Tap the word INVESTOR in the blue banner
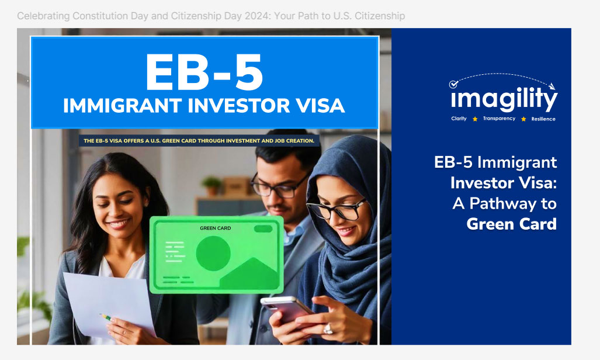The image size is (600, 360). pos(239,106)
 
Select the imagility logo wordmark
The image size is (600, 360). pos(504,98)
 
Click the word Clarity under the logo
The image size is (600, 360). pos(459,118)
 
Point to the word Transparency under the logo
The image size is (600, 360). pos(499,118)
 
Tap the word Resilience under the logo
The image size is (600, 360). pos(543,119)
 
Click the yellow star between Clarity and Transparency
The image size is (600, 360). pos(475,119)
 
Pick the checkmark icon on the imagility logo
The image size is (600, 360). pos(453,84)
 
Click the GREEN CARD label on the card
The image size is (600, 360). pos(216,228)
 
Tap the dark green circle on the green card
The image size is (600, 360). pos(213,253)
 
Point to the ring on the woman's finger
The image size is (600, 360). pos(328,328)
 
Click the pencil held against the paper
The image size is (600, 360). pos(106,317)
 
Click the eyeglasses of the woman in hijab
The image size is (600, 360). pos(336,209)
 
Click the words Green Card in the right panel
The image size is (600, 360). pos(512,224)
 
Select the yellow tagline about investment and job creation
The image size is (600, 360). pos(199,141)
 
